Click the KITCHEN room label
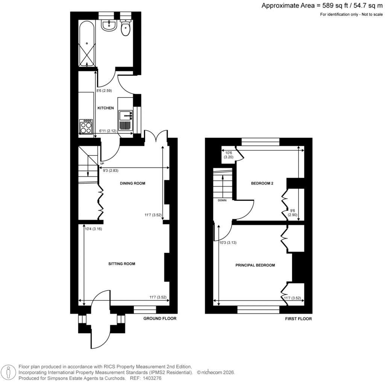(106, 108)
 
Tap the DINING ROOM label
(132, 183)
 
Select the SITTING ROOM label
(121, 264)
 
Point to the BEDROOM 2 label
(262, 183)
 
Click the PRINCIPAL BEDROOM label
(255, 265)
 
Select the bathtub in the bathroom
(86, 44)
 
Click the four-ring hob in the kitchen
(86, 126)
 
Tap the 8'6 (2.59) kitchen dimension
(104, 91)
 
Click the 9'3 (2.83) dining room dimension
(111, 170)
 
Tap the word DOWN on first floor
(222, 200)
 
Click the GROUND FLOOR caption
(160, 319)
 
